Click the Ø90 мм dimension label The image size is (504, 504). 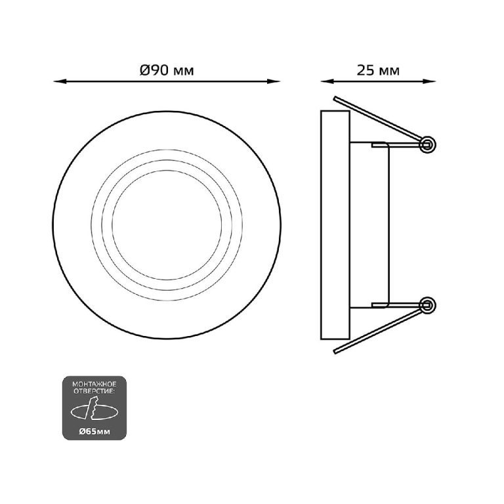click(x=167, y=70)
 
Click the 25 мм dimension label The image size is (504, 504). click(x=378, y=70)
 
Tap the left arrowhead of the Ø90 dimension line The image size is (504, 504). click(x=60, y=81)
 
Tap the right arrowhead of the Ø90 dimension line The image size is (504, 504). click(x=274, y=81)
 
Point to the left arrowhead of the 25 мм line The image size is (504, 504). click(x=327, y=81)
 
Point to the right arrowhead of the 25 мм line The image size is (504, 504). click(x=429, y=81)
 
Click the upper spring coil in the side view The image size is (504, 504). click(x=427, y=144)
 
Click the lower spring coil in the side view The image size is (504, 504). click(x=427, y=305)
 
